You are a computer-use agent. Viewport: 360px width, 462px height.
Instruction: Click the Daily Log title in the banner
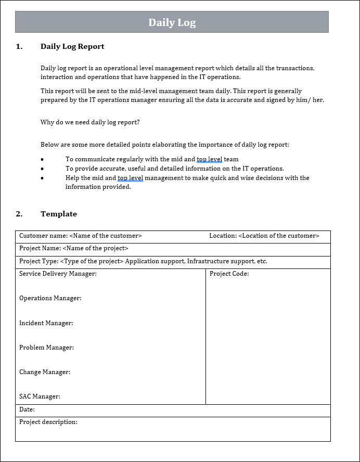tap(172, 22)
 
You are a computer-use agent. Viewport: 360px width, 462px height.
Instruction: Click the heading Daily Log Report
tap(72, 46)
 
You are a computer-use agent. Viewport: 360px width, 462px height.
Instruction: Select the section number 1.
tap(19, 46)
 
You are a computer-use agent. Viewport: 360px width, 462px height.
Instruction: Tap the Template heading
tap(59, 214)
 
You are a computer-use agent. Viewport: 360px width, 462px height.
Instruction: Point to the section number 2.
tap(19, 214)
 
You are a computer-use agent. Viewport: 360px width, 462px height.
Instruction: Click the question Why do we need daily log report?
tap(90, 122)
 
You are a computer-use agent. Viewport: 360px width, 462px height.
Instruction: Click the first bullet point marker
tap(42, 160)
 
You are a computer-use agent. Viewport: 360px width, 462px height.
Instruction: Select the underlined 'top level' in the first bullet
tap(209, 159)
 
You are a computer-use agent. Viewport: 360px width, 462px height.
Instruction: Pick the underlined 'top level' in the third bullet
tap(130, 178)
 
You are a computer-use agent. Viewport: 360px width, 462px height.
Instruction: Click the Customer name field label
tap(43, 236)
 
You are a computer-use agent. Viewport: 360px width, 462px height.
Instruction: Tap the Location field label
tap(223, 236)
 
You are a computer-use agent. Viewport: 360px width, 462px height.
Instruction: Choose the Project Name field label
tap(40, 248)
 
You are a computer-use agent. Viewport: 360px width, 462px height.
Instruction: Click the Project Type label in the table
tap(39, 261)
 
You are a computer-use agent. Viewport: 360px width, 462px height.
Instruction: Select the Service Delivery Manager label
tap(58, 274)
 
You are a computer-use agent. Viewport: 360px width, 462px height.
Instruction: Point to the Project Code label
tap(229, 274)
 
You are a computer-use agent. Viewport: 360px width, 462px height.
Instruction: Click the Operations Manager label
tap(50, 298)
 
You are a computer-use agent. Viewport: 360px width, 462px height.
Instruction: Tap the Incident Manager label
tap(46, 323)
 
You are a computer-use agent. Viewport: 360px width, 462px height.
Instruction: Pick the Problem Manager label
tap(46, 348)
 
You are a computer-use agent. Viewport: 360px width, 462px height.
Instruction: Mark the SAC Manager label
tap(40, 396)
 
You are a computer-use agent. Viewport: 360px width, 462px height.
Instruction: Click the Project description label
tap(48, 422)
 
